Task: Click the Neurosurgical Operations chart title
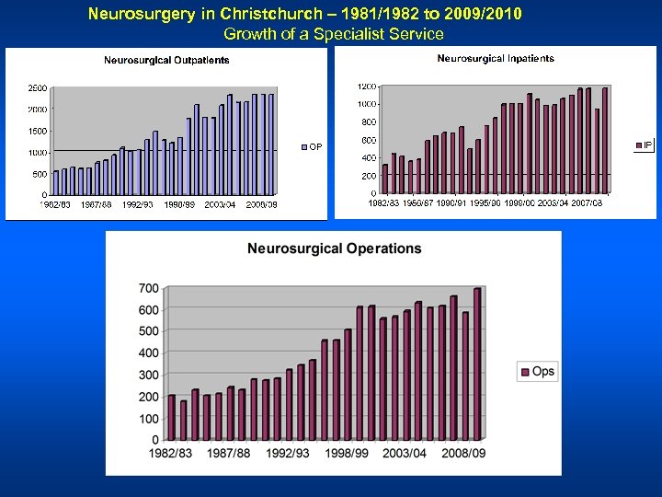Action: pos(334,248)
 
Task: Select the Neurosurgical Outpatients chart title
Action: pos(166,61)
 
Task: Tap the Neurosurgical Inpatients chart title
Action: pos(496,59)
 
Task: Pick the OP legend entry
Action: pos(312,146)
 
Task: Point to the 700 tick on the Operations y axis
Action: pos(148,289)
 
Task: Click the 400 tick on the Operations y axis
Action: pos(148,353)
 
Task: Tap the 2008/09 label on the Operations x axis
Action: pos(463,453)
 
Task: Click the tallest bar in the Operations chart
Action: pos(477,364)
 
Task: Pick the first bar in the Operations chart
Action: pos(172,417)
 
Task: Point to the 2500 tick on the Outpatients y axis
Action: pos(38,88)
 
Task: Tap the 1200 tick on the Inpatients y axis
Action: pos(366,87)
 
